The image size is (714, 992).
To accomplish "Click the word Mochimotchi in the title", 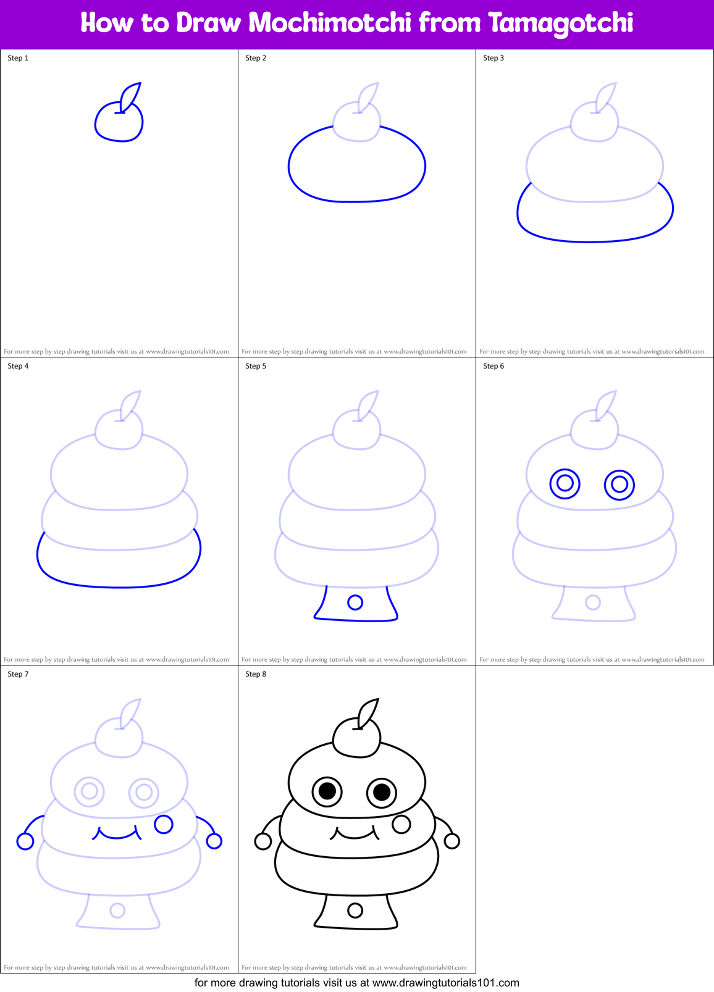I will coord(329,23).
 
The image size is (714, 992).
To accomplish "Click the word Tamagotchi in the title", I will coord(560,23).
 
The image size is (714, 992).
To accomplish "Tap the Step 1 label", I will coord(18,58).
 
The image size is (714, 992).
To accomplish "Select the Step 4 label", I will coord(18,366).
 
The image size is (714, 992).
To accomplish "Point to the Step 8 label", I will coord(256,674).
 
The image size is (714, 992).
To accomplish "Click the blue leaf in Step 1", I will coord(131,96).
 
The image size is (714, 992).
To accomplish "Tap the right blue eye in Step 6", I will coord(619,485).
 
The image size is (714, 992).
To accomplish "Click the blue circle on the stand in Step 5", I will coord(355,602).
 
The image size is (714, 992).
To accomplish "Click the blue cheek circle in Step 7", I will coord(164,823).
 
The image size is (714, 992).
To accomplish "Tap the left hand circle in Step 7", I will coord(25,841).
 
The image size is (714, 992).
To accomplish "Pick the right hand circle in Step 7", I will coord(214,841).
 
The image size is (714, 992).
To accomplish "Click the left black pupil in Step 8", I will coord(327,791).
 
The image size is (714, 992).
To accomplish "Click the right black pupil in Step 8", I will coord(382,792).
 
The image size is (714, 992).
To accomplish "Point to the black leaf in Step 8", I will coord(369,713).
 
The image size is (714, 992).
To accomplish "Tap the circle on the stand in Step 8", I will coord(355,910).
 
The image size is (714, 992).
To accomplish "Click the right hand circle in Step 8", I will coord(451,841).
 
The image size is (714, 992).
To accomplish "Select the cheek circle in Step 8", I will coord(401,823).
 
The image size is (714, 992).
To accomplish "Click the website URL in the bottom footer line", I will coord(445,983).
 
